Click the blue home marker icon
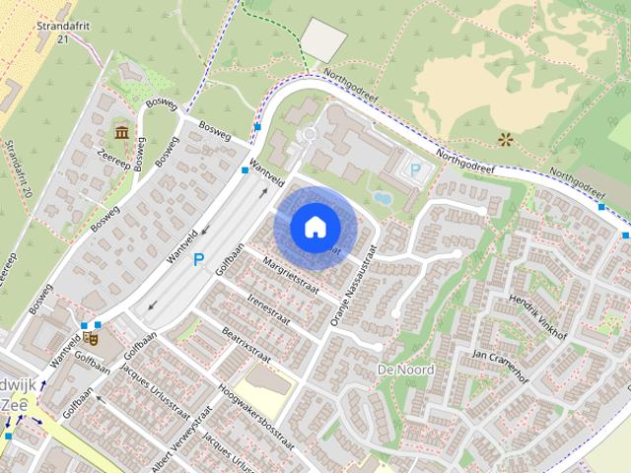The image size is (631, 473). [x=315, y=227]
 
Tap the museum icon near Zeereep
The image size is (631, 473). [x=120, y=133]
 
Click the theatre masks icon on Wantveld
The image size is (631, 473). [x=92, y=337]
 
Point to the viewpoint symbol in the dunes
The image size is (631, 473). [x=507, y=140]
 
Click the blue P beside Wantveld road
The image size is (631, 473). [x=199, y=260]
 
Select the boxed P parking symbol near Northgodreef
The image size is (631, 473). [x=415, y=170]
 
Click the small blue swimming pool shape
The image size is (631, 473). [x=383, y=198]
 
